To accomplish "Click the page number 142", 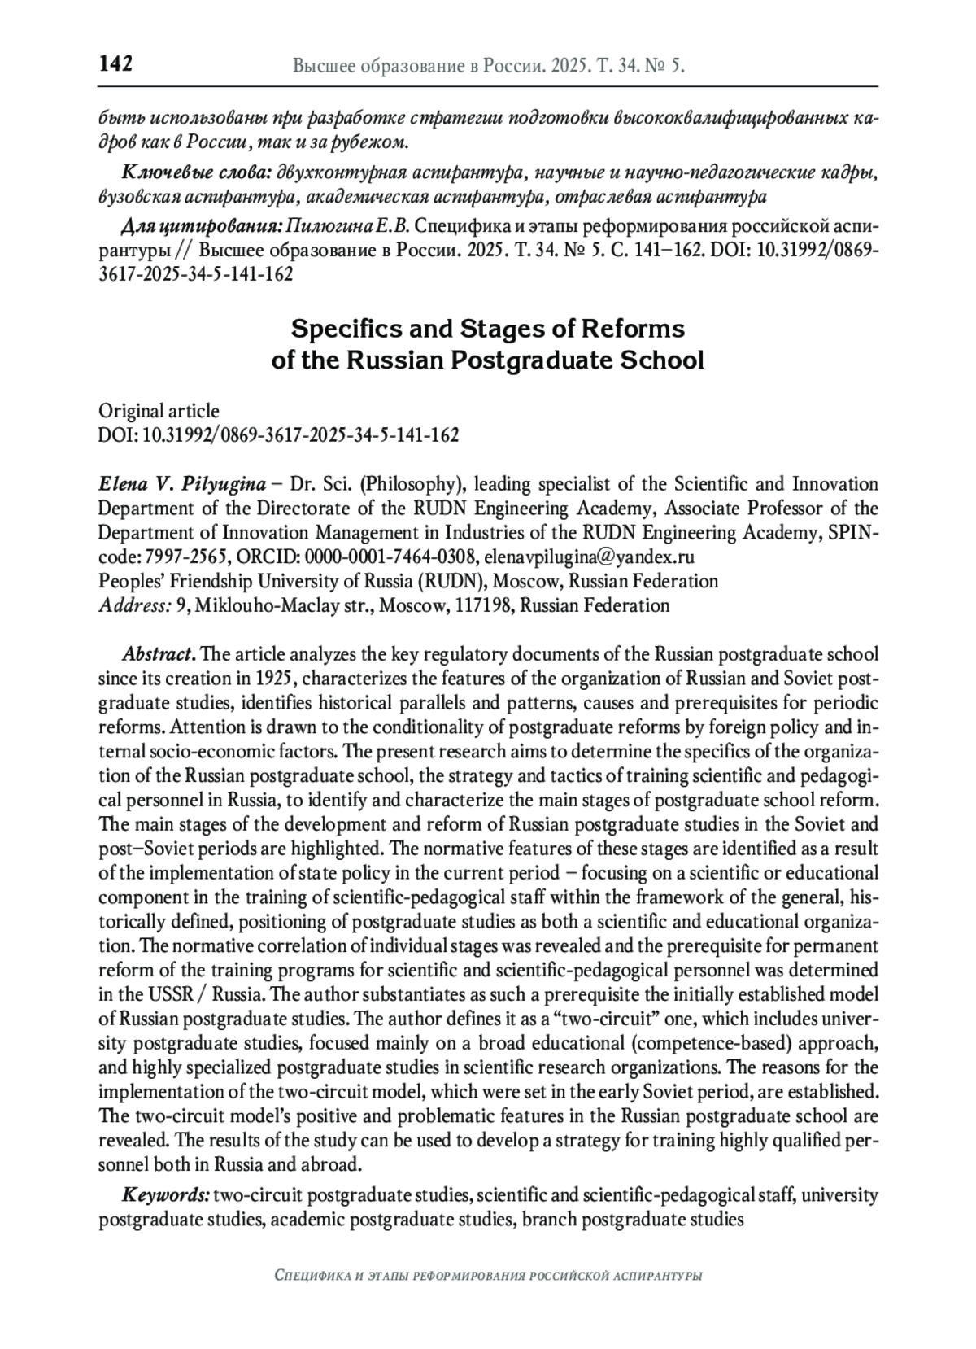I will [115, 63].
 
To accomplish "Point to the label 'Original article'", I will [159, 411].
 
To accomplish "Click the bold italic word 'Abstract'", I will [158, 654].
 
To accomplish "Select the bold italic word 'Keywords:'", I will [166, 1195].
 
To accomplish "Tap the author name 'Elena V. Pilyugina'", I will [181, 485].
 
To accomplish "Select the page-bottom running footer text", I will [488, 1276].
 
